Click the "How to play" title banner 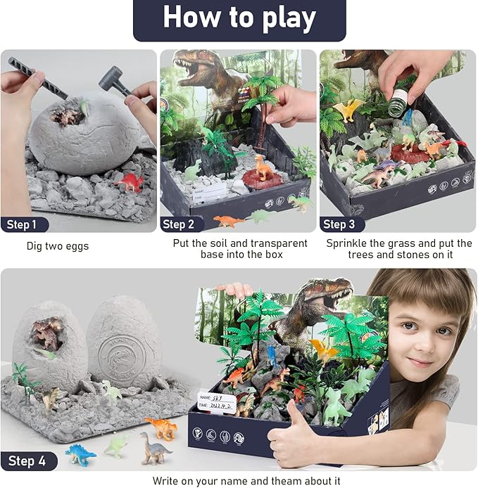click(x=239, y=18)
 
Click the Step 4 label click(x=27, y=461)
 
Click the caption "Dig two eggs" click(x=58, y=246)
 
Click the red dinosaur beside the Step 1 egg click(x=130, y=182)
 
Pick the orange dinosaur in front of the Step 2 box click(x=229, y=221)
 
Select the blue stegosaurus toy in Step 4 click(x=80, y=454)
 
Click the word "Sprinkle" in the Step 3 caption click(x=346, y=243)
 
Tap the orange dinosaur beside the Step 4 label click(x=161, y=426)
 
